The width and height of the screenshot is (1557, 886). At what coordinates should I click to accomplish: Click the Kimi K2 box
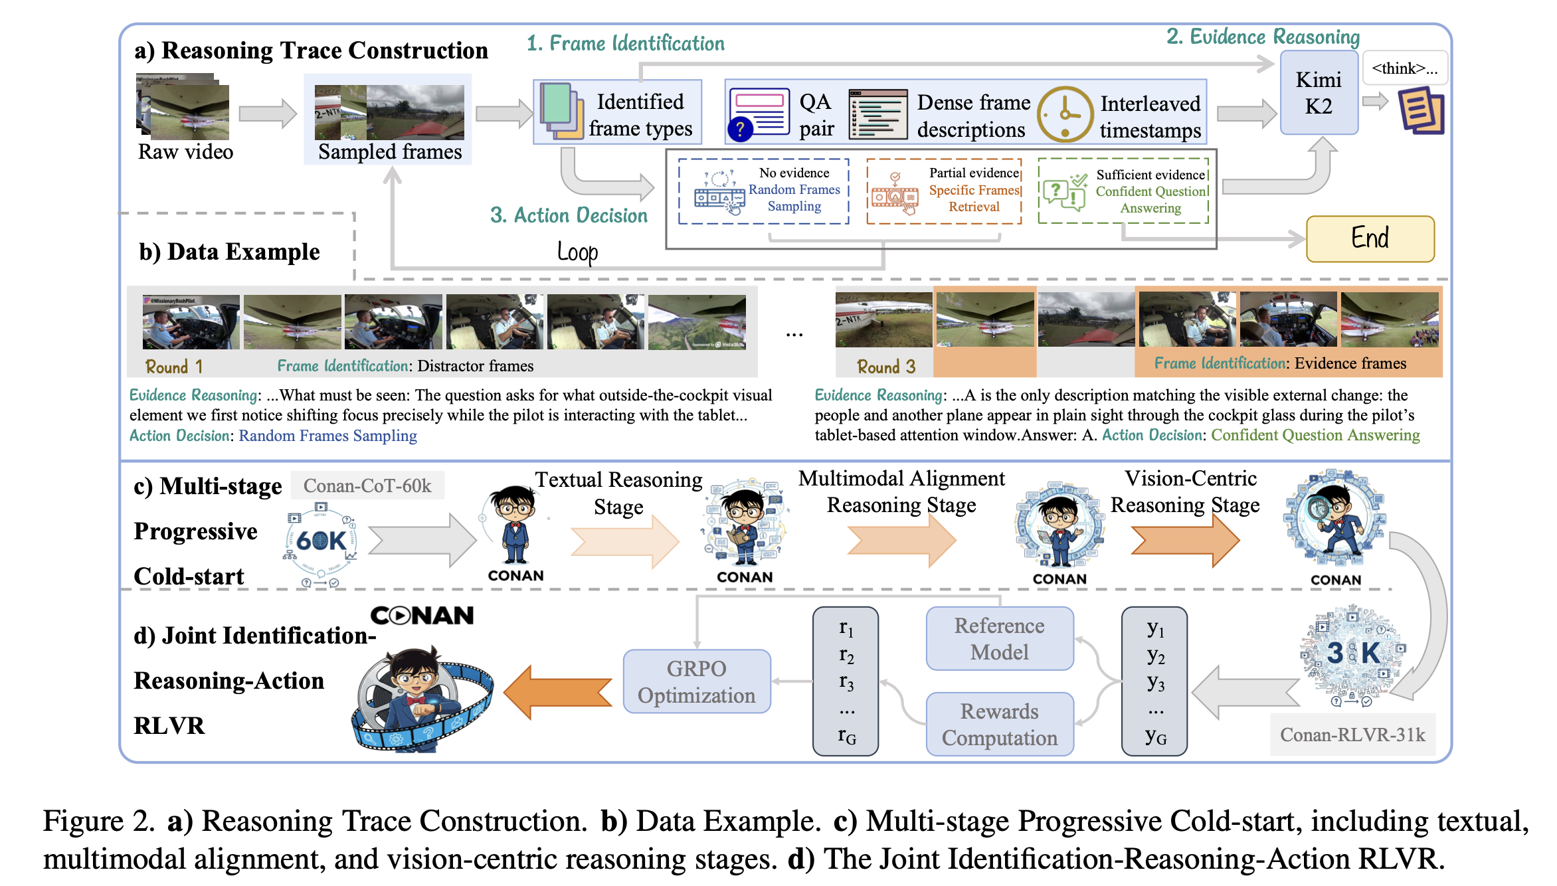click(x=1319, y=93)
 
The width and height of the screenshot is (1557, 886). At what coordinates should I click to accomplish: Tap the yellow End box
click(x=1370, y=238)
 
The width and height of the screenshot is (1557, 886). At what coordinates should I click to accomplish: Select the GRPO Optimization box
click(x=697, y=681)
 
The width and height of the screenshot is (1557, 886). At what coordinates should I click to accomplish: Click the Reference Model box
click(x=999, y=638)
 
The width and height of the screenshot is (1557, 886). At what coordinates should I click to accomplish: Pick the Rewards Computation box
click(x=999, y=724)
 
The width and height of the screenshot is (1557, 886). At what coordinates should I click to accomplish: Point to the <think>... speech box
click(x=1404, y=68)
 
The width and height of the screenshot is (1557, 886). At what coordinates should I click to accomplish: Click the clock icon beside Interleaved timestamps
click(x=1065, y=114)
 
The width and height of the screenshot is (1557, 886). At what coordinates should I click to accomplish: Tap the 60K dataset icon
click(x=321, y=541)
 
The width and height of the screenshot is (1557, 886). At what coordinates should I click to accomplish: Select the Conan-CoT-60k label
click(x=367, y=486)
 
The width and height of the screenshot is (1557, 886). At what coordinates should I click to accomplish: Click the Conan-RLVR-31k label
click(x=1352, y=735)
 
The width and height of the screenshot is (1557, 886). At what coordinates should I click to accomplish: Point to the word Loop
click(x=577, y=252)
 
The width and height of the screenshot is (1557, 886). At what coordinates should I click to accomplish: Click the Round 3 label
click(x=886, y=367)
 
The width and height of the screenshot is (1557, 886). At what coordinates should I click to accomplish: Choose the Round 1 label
click(x=174, y=367)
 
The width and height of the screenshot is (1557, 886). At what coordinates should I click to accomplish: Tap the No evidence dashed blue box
click(x=764, y=191)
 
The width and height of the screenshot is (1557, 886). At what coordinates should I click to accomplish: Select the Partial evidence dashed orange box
click(x=944, y=191)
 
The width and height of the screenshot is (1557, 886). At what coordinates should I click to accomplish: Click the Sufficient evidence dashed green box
click(x=1123, y=191)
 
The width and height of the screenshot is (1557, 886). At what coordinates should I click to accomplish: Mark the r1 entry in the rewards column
click(x=846, y=628)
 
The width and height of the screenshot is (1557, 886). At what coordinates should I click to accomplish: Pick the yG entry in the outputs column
click(x=1155, y=736)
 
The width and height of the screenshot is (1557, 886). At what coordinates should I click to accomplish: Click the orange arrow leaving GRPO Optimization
click(x=558, y=692)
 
